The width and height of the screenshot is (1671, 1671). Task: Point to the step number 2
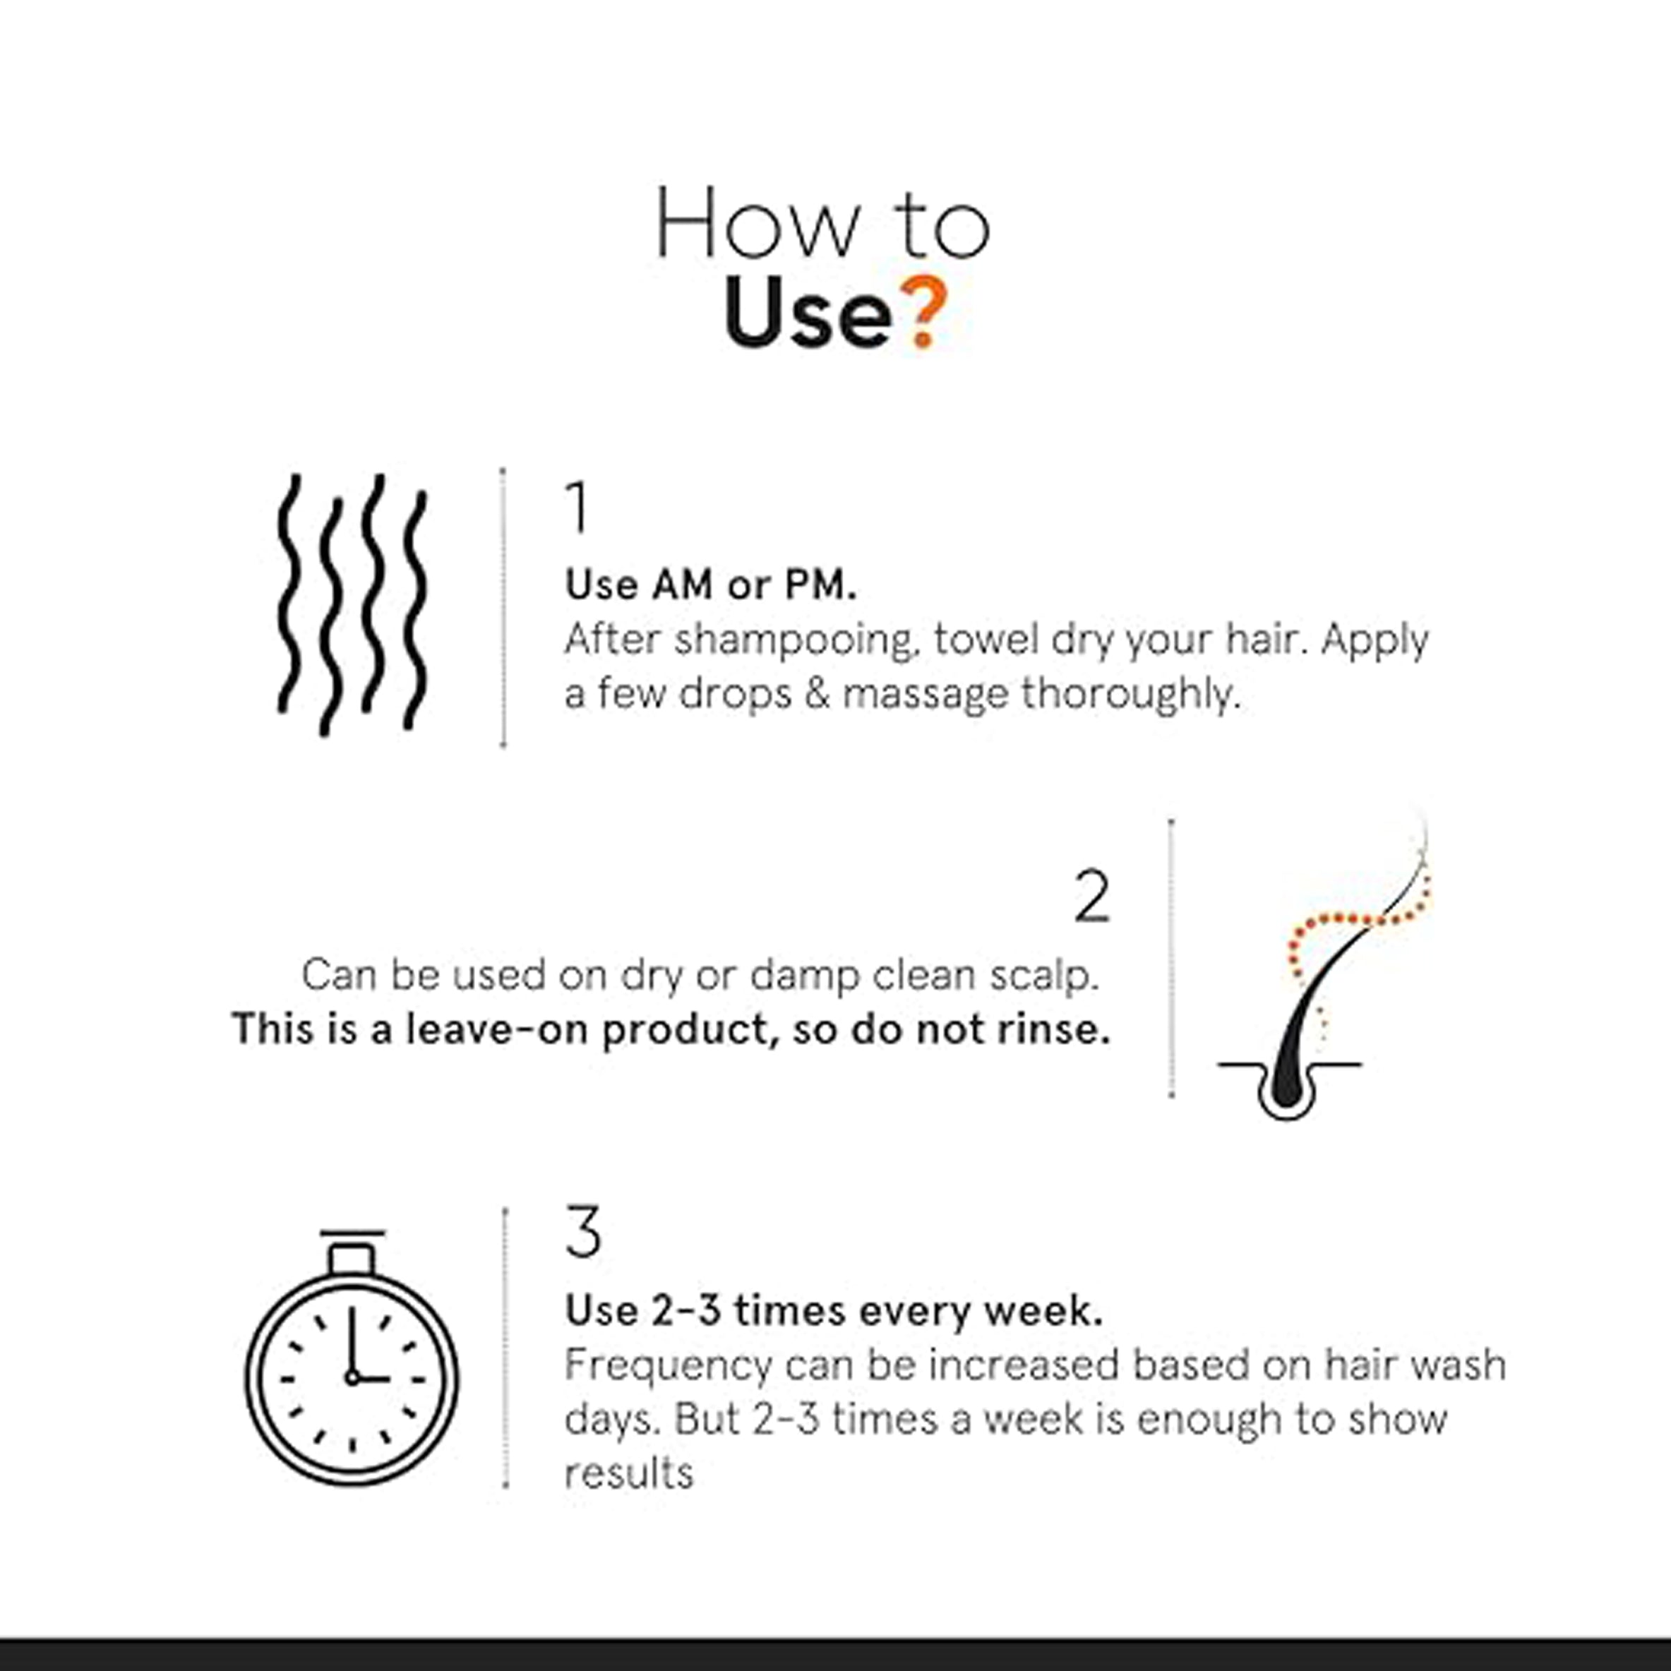[1091, 896]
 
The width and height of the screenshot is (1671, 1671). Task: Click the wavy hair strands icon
[352, 604]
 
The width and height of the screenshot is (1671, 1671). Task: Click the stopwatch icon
[352, 1357]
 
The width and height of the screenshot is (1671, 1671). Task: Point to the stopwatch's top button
[351, 1259]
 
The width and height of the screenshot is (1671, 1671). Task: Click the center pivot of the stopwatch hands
[352, 1377]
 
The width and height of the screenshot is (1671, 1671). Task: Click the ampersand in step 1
[817, 694]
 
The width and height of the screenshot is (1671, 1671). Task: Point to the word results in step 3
[629, 1473]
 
